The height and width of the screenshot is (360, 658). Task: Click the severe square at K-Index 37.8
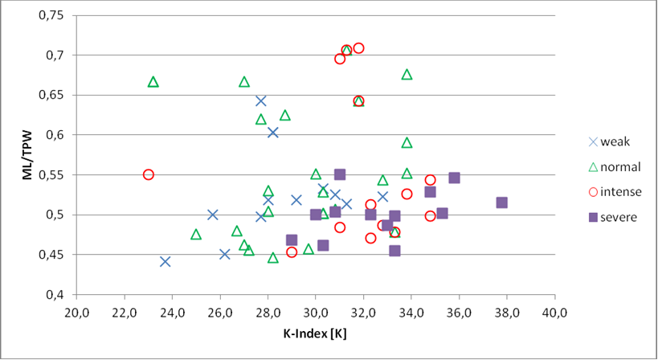[502, 202]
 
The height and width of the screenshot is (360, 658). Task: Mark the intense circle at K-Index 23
[149, 174]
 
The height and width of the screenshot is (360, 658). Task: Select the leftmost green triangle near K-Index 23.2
[153, 82]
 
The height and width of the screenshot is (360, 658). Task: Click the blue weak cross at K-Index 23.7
[166, 261]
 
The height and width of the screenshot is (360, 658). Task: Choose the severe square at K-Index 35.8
[454, 178]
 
